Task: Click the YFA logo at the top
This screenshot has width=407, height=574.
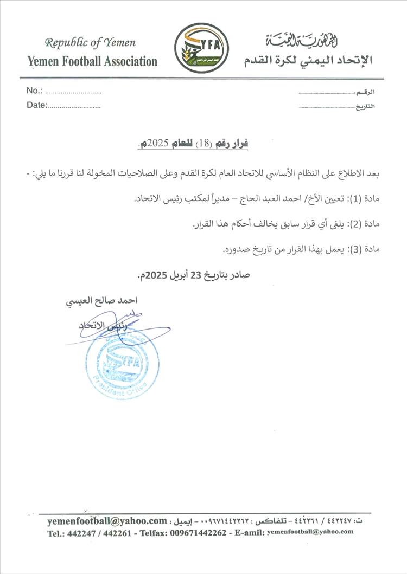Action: coord(202,48)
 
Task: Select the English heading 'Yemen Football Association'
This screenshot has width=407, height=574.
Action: coord(92,61)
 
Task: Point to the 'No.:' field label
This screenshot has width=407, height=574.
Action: coord(34,91)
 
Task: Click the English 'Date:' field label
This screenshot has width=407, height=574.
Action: coord(37,105)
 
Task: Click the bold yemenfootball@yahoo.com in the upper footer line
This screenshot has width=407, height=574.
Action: coord(107,521)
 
